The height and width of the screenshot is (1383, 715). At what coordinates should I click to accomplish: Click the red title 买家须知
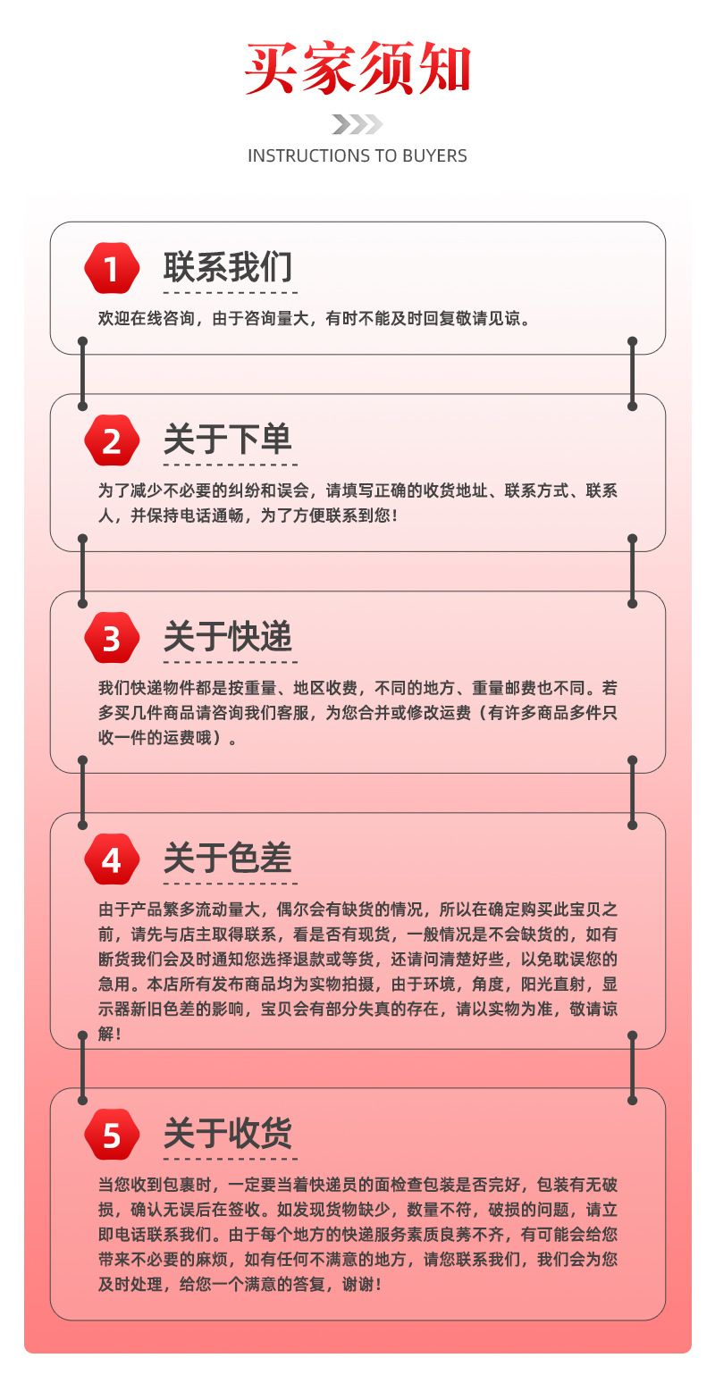(x=357, y=69)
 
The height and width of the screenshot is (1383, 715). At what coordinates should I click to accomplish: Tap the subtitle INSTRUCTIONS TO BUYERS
(x=357, y=155)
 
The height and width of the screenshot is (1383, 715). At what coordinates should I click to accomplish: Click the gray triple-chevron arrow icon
(x=357, y=124)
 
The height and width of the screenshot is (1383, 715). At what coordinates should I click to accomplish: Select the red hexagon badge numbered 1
(x=111, y=268)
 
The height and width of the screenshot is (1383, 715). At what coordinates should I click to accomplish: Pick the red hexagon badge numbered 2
(x=111, y=440)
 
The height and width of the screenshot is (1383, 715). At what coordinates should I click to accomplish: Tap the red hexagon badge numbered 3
(x=111, y=638)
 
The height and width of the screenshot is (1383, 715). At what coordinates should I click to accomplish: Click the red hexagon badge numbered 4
(x=111, y=859)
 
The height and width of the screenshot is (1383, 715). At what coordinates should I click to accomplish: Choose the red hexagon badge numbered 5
(x=111, y=1135)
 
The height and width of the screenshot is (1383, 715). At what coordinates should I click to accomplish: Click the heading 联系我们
(x=227, y=267)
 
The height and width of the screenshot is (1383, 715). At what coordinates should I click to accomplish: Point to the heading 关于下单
(x=227, y=440)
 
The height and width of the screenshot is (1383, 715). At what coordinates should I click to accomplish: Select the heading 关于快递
(x=227, y=637)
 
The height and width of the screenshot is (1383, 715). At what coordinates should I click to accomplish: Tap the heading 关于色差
(x=227, y=859)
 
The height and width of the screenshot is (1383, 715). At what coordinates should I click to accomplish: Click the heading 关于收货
(x=227, y=1134)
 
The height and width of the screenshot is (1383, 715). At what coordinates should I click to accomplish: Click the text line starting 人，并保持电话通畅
(x=248, y=516)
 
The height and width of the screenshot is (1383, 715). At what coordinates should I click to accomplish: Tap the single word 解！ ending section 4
(x=110, y=1034)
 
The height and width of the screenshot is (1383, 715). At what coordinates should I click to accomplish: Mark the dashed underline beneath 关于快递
(x=230, y=662)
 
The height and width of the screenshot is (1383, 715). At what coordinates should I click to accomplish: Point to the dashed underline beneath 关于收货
(x=230, y=1159)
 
